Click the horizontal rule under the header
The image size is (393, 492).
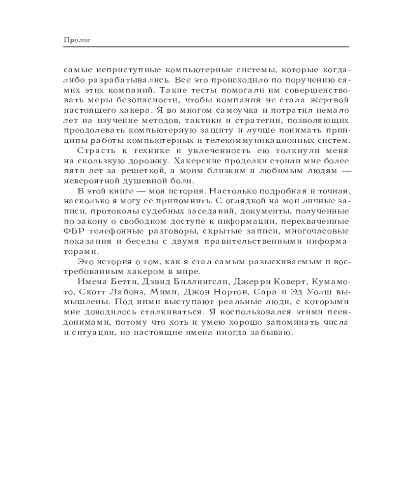pyautogui.click(x=206, y=47)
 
